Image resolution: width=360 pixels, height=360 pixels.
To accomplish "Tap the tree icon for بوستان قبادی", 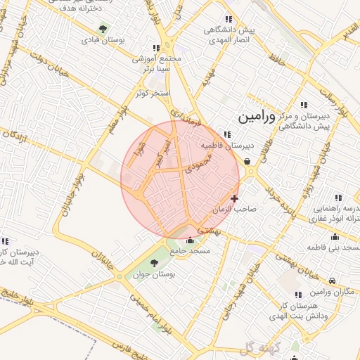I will (x=103, y=30).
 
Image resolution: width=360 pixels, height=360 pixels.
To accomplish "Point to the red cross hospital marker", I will (x=234, y=199).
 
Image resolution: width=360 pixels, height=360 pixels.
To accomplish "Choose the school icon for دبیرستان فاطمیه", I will (x=226, y=134).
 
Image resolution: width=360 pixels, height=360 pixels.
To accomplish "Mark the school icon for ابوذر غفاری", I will (x=337, y=198).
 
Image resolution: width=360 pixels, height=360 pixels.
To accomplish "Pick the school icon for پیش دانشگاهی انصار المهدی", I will (x=228, y=19).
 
